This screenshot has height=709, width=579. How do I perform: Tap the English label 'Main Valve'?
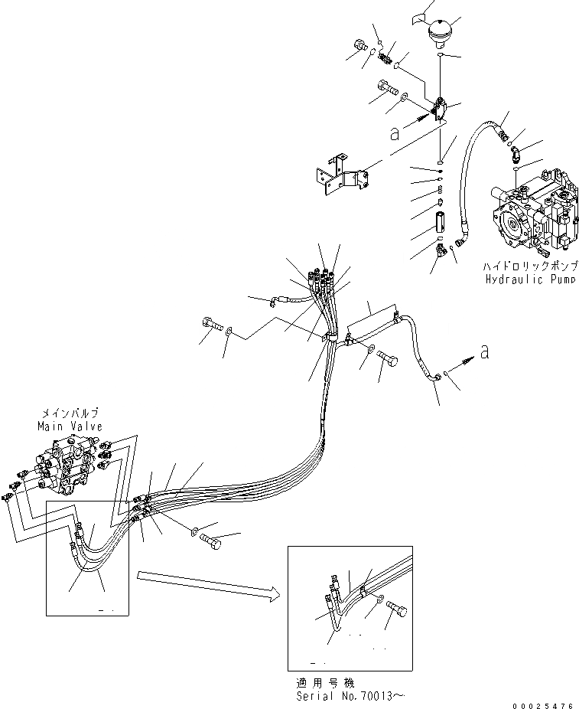click(x=70, y=426)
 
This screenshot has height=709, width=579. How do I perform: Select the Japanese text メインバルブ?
click(x=70, y=413)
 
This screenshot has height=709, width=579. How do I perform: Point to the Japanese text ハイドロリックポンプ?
click(x=530, y=266)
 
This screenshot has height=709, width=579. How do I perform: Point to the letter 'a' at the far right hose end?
click(x=483, y=351)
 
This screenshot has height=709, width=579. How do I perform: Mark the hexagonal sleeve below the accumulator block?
click(x=441, y=227)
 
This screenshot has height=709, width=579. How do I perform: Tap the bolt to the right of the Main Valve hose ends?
click(x=212, y=542)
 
